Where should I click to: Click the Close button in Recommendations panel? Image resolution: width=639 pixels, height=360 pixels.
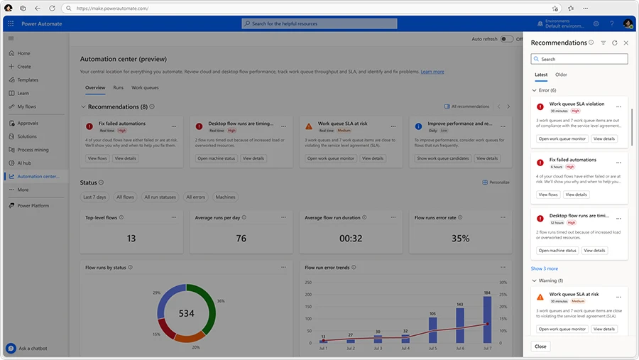click(x=540, y=346)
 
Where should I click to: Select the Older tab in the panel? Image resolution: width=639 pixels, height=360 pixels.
click(x=561, y=75)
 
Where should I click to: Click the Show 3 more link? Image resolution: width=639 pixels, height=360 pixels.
click(x=545, y=268)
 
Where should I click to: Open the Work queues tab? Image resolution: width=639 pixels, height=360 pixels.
click(x=146, y=88)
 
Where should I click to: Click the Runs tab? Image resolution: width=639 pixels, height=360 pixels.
click(x=118, y=88)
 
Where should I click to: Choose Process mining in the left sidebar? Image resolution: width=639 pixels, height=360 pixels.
click(x=33, y=150)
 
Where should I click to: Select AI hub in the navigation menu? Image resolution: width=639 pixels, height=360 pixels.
click(x=25, y=163)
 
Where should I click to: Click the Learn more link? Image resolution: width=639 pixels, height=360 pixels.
click(x=432, y=72)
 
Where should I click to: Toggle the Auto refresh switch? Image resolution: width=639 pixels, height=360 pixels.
click(x=507, y=39)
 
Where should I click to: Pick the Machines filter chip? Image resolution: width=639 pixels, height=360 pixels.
click(x=226, y=197)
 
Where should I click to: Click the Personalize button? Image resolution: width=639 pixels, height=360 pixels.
click(x=496, y=182)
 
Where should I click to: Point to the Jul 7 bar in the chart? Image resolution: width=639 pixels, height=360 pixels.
click(x=488, y=320)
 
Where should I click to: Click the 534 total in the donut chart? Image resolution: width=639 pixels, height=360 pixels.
click(x=186, y=313)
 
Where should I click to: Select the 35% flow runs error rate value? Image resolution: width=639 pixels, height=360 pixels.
click(x=461, y=239)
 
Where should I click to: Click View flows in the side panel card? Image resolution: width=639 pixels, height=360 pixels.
click(x=548, y=194)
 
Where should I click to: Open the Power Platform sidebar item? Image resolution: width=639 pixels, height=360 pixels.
click(x=33, y=205)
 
